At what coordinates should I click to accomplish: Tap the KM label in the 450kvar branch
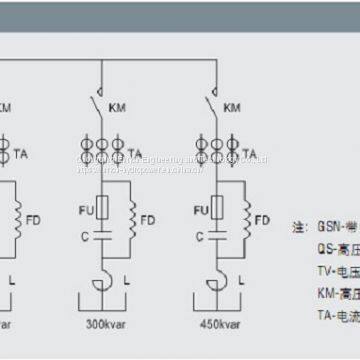[232, 107]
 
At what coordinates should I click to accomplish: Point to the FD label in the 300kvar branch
[148, 219]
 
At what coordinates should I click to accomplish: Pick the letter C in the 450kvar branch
[192, 237]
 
